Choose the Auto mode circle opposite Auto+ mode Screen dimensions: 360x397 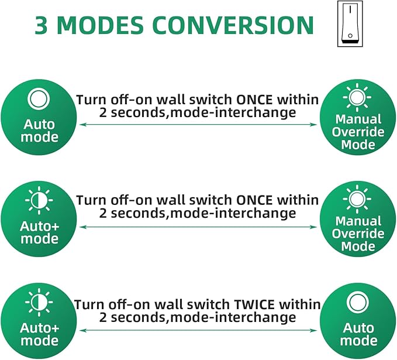(358, 321)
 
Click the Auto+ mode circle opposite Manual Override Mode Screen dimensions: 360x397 (39, 220)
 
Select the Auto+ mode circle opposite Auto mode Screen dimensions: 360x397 (39, 321)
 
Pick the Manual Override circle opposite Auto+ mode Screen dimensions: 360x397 (358, 220)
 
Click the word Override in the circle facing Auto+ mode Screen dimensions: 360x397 (358, 234)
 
